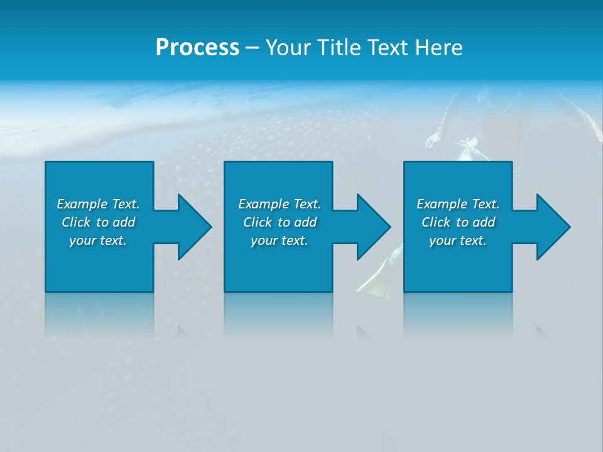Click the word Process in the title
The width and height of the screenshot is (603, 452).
point(197,48)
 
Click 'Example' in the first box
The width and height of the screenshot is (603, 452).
point(82,204)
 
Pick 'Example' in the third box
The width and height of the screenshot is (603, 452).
point(442,204)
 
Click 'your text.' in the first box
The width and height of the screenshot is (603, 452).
point(98,240)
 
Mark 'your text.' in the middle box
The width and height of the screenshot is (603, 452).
point(280,240)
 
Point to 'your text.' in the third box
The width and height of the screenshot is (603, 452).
point(458,240)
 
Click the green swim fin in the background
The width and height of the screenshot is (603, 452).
point(377,276)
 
